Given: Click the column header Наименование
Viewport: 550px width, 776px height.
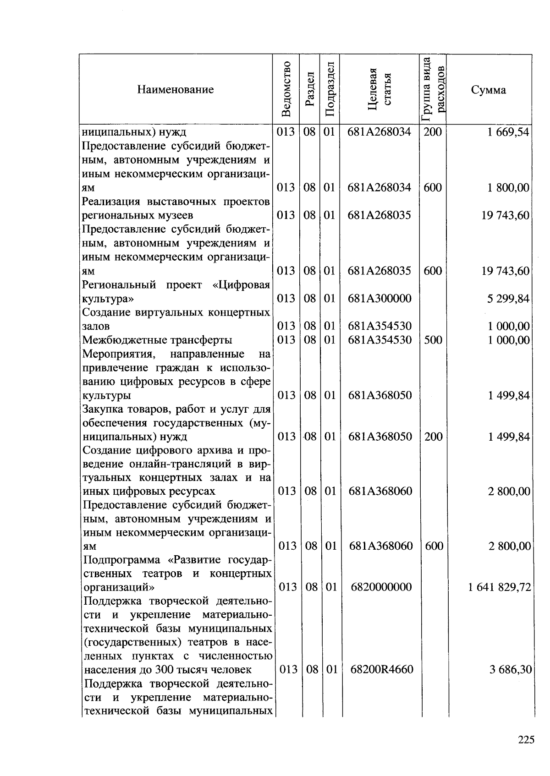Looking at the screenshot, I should (x=175, y=89).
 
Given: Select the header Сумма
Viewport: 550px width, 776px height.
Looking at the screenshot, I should (x=488, y=90).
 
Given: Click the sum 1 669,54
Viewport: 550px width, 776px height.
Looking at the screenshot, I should (x=508, y=132).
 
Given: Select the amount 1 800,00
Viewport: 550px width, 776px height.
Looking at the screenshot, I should (x=508, y=188).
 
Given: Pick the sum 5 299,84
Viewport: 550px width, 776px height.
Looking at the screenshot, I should (x=508, y=299).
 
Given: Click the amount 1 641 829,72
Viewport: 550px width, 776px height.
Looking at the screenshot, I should (x=500, y=587).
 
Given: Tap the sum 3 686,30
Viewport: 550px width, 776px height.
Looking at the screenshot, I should (x=510, y=670).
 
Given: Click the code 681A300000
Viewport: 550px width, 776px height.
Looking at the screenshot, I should (x=379, y=299).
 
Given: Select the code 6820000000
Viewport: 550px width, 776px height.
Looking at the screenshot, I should (x=381, y=587).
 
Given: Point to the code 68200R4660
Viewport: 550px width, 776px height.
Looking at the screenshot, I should (x=381, y=669).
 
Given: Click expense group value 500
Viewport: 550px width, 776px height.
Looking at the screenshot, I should (x=433, y=340).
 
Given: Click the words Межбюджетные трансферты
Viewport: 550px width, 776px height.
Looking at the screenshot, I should (x=157, y=340).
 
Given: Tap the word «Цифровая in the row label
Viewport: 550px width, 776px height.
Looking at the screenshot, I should (x=241, y=285).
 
